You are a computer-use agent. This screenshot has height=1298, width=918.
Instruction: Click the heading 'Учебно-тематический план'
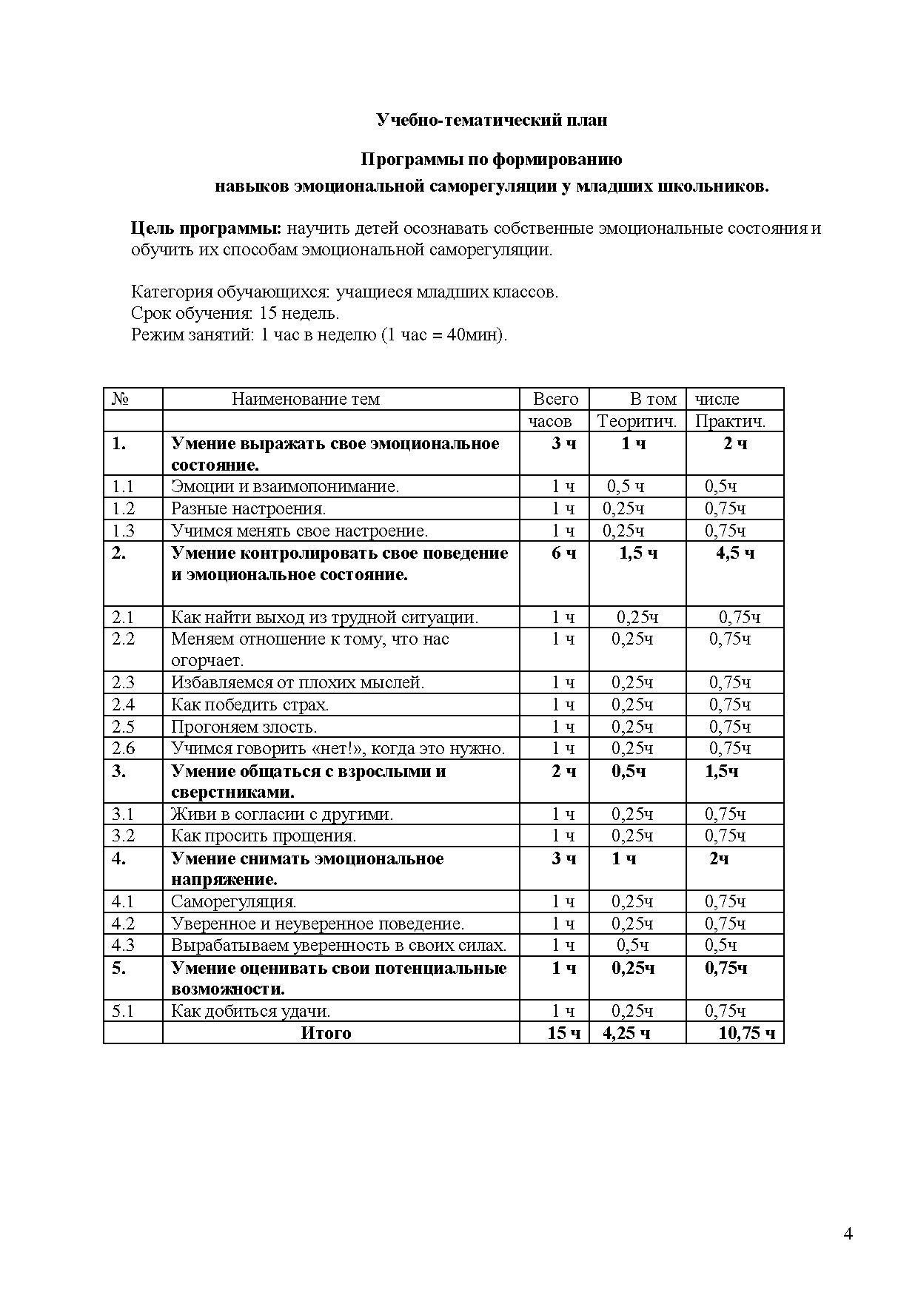point(492,120)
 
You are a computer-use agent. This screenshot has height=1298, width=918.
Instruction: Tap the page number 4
point(848,1233)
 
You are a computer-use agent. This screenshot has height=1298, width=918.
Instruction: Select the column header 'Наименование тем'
point(305,400)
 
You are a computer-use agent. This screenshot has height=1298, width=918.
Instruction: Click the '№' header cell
point(121,400)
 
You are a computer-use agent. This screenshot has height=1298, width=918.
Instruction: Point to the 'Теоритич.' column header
point(637,422)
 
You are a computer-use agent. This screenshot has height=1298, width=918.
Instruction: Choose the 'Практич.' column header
point(730,422)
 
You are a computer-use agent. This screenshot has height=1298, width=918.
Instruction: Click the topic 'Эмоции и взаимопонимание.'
point(285,487)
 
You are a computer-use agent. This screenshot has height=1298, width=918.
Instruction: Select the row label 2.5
point(123,727)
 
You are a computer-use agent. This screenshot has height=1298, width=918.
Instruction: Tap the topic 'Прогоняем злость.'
point(244,727)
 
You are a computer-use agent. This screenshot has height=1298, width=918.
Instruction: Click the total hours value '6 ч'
point(563,554)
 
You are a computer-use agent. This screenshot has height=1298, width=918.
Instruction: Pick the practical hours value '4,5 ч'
point(734,554)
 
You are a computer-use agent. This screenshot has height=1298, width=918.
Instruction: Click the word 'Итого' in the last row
point(326,1033)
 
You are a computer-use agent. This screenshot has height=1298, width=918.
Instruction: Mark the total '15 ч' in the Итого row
point(563,1033)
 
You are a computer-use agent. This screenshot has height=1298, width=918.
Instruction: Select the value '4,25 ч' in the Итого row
point(626,1033)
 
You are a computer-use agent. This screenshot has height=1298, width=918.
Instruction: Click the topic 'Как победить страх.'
point(249,705)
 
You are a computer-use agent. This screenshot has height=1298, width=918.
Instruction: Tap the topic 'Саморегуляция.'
point(233,901)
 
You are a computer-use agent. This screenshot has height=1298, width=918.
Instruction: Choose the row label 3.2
point(123,836)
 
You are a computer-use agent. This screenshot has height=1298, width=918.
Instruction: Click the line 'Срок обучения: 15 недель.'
point(235,313)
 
